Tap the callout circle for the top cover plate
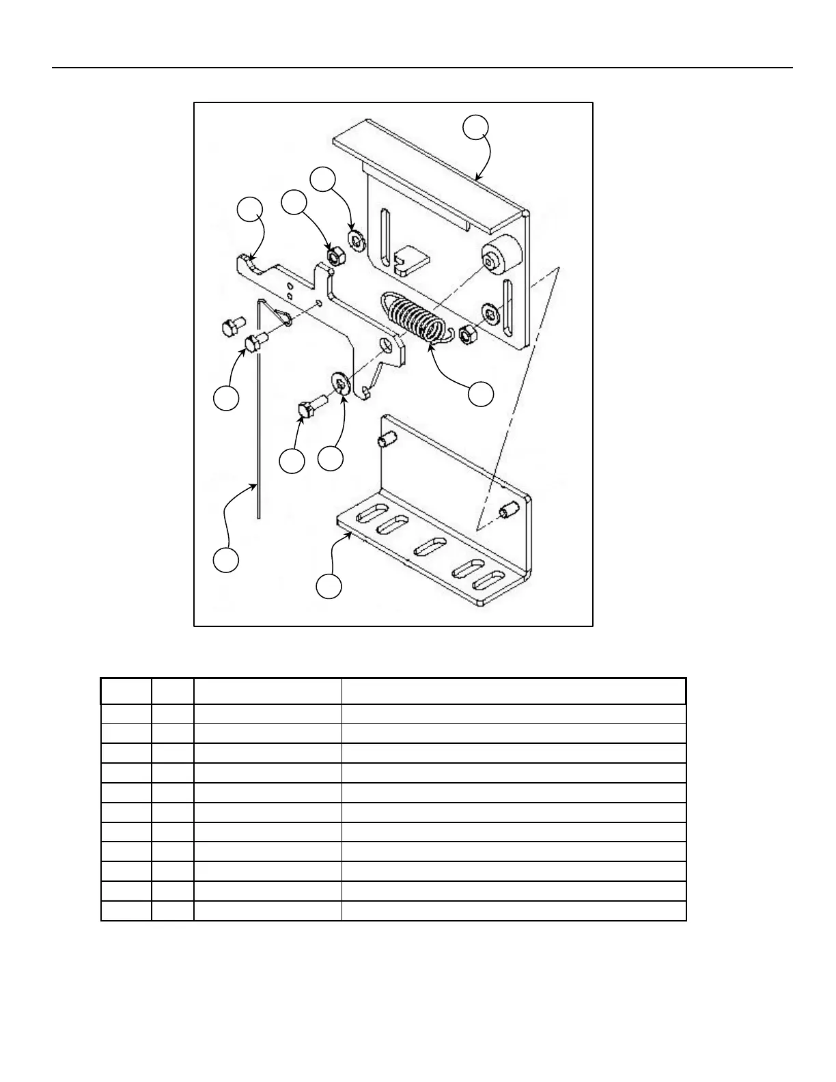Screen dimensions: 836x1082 point(476,128)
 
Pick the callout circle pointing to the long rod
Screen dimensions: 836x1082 point(225,559)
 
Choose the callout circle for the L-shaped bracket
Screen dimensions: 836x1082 point(329,587)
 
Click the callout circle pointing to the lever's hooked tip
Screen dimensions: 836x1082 point(249,210)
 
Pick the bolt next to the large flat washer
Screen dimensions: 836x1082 point(310,407)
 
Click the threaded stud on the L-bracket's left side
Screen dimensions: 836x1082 point(387,441)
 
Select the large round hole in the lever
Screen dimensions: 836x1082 point(388,346)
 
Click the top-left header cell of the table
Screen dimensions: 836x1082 point(126,691)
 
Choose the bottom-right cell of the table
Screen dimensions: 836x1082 point(513,911)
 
